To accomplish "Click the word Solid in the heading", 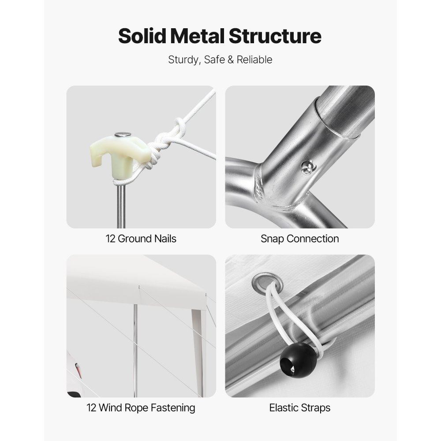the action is pyautogui.click(x=142, y=36).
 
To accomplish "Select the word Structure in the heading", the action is pyautogui.click(x=275, y=36).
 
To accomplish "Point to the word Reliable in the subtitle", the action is pyautogui.click(x=254, y=60).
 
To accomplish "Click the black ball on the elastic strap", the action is pyautogui.click(x=298, y=360).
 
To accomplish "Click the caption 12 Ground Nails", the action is pyautogui.click(x=141, y=239).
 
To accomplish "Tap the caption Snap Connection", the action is pyautogui.click(x=299, y=239).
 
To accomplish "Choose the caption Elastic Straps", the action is pyautogui.click(x=299, y=408).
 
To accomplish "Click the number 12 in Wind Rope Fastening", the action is pyautogui.click(x=92, y=407).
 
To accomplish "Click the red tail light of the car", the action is pyautogui.click(x=78, y=370).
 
